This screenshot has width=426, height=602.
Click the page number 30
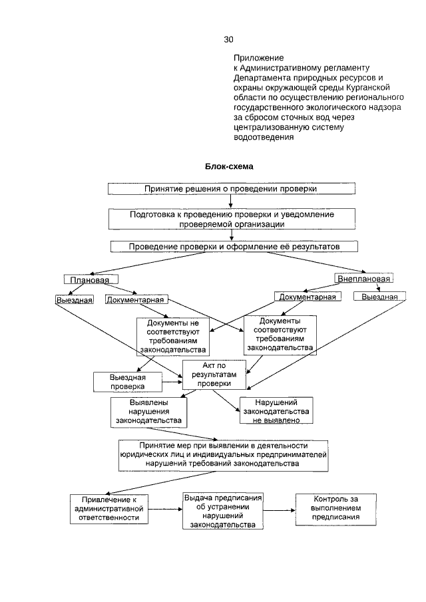pyautogui.click(x=229, y=39)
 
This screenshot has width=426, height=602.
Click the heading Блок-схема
pyautogui.click(x=229, y=166)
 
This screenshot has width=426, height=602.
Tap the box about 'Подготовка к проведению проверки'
pyautogui.click(x=232, y=220)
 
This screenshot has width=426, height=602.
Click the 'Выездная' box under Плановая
pyautogui.click(x=73, y=300)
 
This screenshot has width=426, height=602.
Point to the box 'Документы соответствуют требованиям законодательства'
pyautogui.click(x=280, y=334)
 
